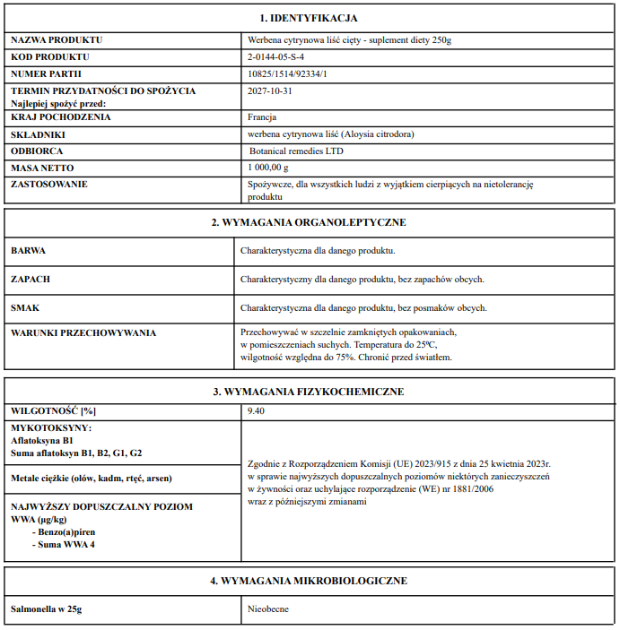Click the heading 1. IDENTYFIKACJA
[309, 17]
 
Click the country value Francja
[262, 117]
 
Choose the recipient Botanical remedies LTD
[295, 151]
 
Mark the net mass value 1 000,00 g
[268, 168]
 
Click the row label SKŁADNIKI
[37, 134]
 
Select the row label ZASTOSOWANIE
[48, 185]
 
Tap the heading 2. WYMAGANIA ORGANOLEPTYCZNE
[309, 221]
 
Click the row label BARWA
[28, 251]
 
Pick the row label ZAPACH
[31, 279]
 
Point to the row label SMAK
[26, 307]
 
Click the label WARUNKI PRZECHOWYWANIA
[83, 332]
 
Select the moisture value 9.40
[258, 410]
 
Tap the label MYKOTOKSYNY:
[51, 427]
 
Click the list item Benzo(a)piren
[64, 532]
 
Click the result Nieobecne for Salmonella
[268, 609]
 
